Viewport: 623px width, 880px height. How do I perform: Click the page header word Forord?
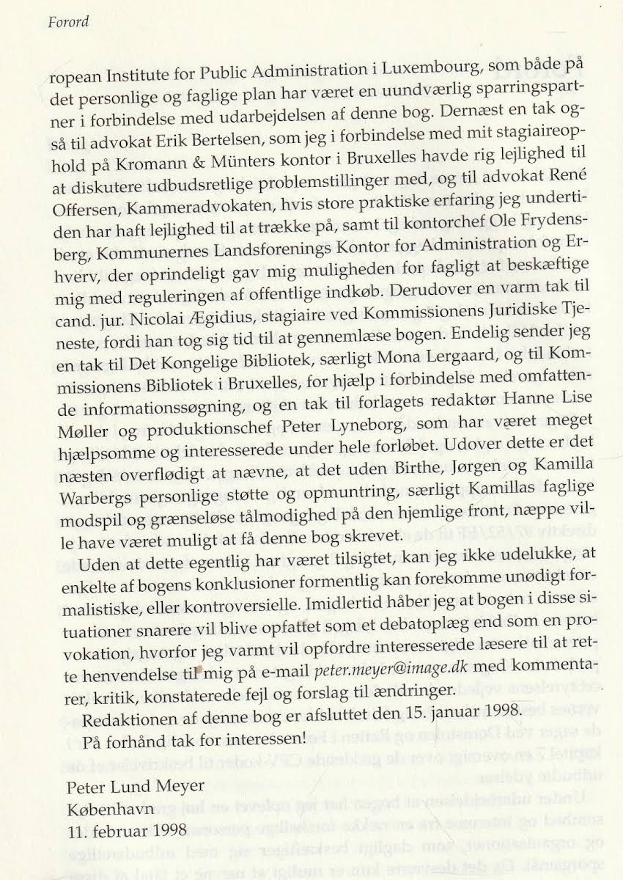pos(68,22)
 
